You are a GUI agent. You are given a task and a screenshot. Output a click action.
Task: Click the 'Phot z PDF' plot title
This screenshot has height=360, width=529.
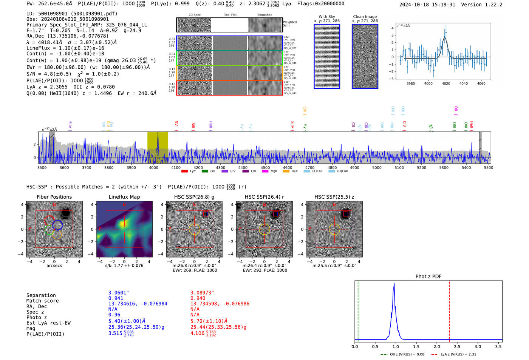coord(428,276)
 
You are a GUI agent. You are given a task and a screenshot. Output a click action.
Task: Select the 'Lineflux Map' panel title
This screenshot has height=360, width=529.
coord(124,197)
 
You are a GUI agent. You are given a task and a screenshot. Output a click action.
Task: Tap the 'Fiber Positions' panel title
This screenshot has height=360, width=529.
coord(54,197)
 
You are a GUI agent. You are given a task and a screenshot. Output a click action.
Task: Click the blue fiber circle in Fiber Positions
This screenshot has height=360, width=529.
coord(57,225)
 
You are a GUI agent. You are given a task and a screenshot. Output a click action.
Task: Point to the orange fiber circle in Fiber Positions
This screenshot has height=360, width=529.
coord(57,234)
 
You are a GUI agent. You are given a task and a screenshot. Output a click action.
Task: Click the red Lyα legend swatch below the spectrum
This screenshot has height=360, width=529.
coord(185,171)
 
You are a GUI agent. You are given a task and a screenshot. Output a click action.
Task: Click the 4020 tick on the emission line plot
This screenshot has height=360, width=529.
coord(446,83)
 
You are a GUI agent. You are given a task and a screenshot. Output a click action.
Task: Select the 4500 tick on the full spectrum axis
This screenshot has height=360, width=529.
coord(265,167)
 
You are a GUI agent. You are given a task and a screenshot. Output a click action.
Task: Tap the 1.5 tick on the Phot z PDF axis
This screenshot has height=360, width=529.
coord(416,346)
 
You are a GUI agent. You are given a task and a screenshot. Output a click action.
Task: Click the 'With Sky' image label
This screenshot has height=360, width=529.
coord(327,17)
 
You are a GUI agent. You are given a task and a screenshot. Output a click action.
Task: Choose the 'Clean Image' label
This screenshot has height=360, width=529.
coord(365,17)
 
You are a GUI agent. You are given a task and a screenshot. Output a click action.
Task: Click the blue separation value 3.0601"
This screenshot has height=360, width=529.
coord(119,293)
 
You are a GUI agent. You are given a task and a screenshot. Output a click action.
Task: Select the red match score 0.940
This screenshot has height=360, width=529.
coord(198,298)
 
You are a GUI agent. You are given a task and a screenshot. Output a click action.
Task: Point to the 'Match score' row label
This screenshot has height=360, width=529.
coord(42,301)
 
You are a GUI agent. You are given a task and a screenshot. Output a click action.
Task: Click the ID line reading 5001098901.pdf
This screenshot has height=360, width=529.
coord(72,14)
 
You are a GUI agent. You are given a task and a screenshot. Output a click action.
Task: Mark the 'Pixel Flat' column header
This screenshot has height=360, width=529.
coord(230,15)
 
